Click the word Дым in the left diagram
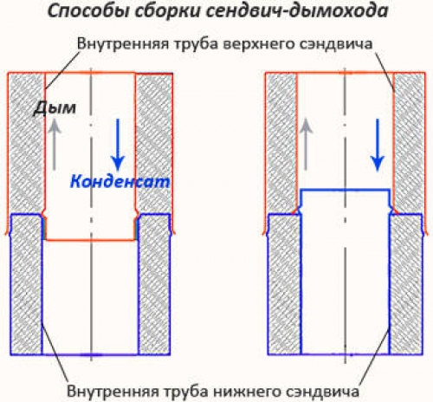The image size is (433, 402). tap(55, 108)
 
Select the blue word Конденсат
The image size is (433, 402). tap(120, 182)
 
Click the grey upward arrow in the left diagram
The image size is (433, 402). tap(55, 145)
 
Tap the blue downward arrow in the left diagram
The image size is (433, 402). tap(118, 145)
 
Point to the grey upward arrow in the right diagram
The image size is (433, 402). tap(306, 145)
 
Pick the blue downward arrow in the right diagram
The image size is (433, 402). tap(378, 145)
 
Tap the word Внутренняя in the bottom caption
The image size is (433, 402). tap(113, 391)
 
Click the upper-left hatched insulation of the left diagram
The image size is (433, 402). tap(27, 143)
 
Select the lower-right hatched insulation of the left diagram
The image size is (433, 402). tap(154, 284)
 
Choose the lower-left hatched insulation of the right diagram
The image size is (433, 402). tap(285, 284)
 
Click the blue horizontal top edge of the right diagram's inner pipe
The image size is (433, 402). tap(346, 190)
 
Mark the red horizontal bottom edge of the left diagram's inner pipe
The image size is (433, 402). tap(91, 240)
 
